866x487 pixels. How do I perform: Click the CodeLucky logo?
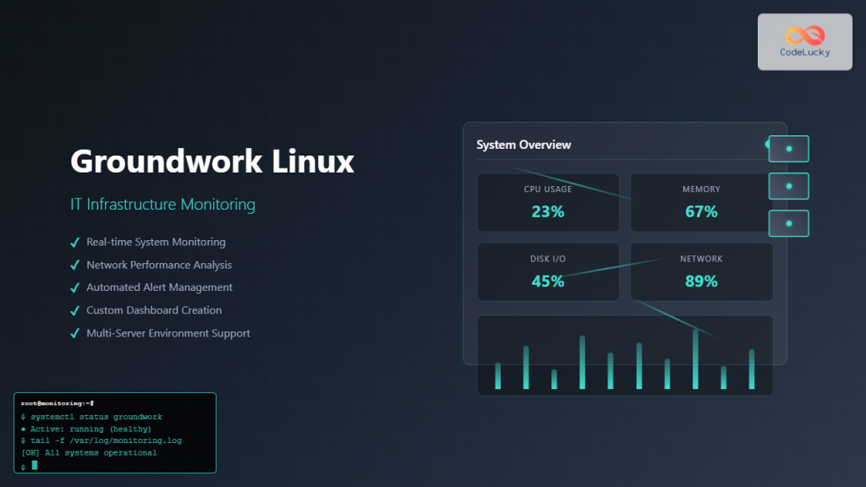click(804, 41)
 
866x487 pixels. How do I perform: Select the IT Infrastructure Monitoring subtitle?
click(162, 205)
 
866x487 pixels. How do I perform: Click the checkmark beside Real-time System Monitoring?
click(74, 243)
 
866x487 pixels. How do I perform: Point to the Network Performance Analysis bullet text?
click(159, 265)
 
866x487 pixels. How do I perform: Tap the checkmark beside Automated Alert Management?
click(74, 287)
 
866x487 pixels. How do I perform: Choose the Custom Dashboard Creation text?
click(154, 310)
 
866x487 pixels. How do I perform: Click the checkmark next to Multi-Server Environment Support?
click(74, 333)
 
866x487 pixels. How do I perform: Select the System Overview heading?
click(523, 145)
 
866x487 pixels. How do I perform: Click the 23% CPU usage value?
click(548, 211)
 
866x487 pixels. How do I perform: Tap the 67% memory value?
click(701, 211)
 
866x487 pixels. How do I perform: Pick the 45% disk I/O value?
click(548, 281)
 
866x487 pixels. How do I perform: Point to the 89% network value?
click(701, 281)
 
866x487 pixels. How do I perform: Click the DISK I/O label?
click(548, 259)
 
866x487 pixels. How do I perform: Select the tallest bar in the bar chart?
click(695, 359)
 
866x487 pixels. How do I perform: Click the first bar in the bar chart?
click(498, 375)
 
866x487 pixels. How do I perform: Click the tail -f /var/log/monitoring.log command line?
click(101, 440)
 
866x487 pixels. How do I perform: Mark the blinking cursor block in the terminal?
click(35, 465)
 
